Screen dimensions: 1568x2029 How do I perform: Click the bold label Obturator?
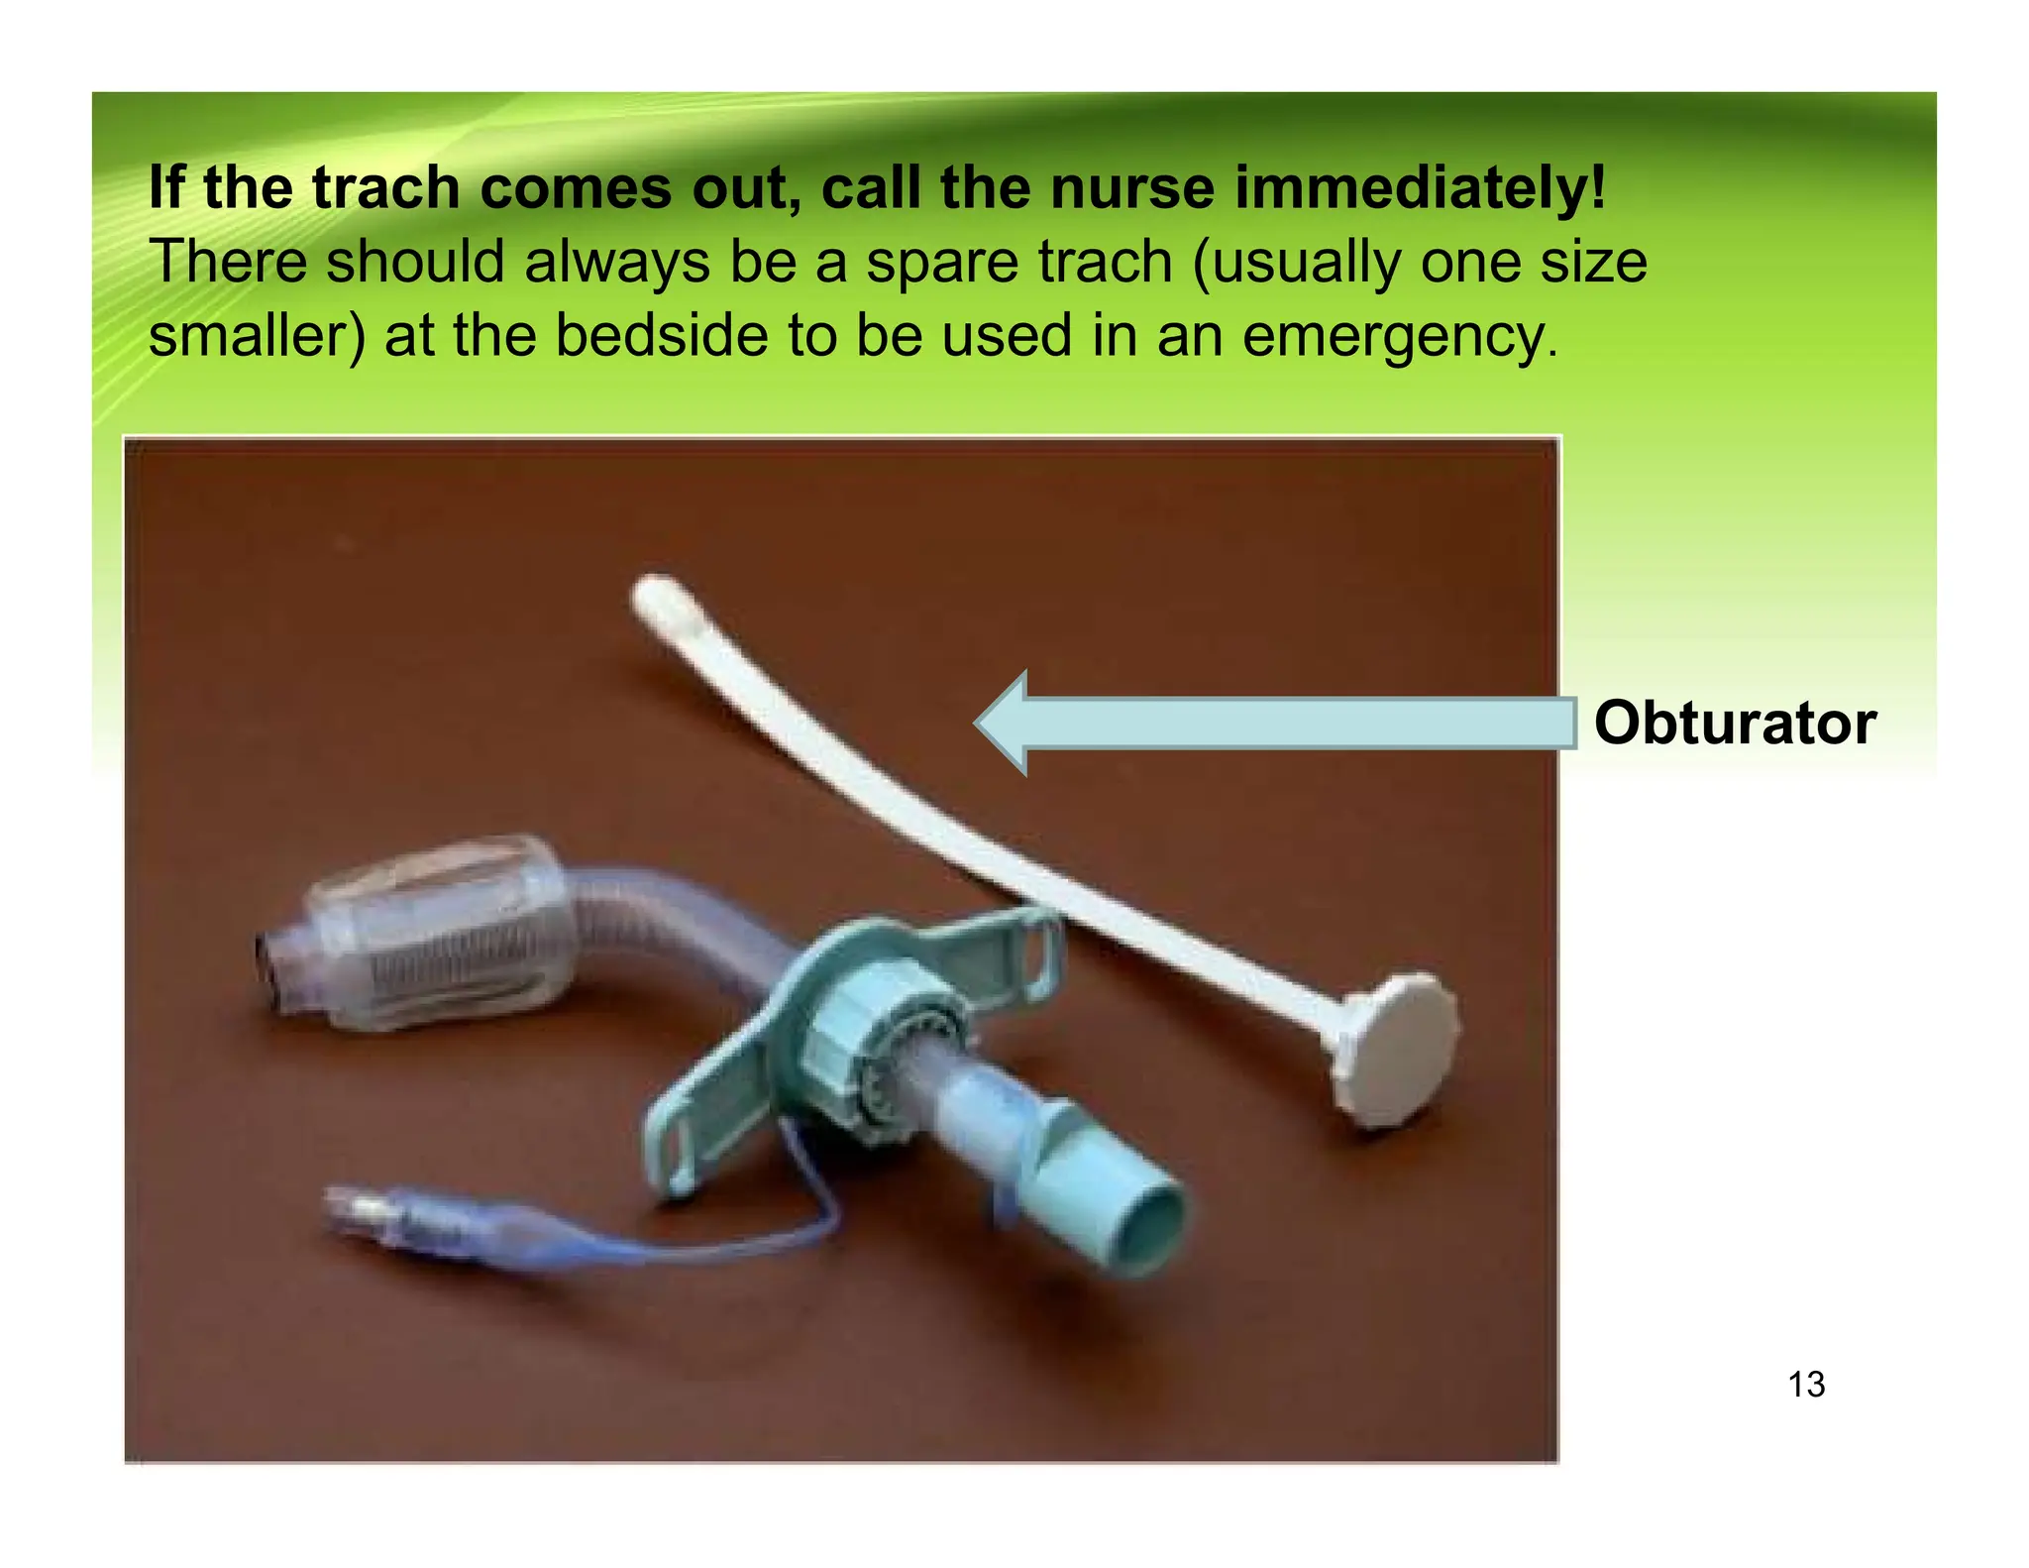click(1734, 723)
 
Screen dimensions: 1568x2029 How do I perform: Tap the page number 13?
click(1806, 1385)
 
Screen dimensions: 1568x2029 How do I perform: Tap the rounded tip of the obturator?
click(658, 595)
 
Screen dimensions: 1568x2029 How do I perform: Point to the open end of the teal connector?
click(1144, 1229)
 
